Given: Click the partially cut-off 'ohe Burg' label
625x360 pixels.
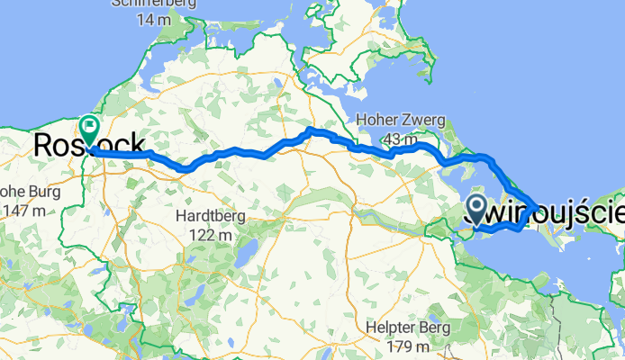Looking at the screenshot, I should (x=23, y=192).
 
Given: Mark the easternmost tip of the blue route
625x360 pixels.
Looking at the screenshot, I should (x=538, y=209).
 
